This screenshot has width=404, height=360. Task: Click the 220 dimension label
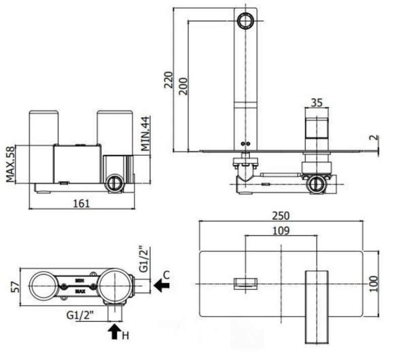[168, 80]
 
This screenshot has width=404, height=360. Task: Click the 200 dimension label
[183, 86]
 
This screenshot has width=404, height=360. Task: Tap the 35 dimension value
[317, 103]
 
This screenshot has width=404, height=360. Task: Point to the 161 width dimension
[82, 203]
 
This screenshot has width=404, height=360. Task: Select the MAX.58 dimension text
[10, 164]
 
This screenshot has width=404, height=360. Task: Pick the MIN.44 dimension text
[145, 134]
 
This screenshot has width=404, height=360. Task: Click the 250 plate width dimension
[281, 216]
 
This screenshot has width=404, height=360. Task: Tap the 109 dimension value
[281, 231]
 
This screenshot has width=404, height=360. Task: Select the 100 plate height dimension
[374, 284]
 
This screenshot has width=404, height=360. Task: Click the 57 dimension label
[15, 287]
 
